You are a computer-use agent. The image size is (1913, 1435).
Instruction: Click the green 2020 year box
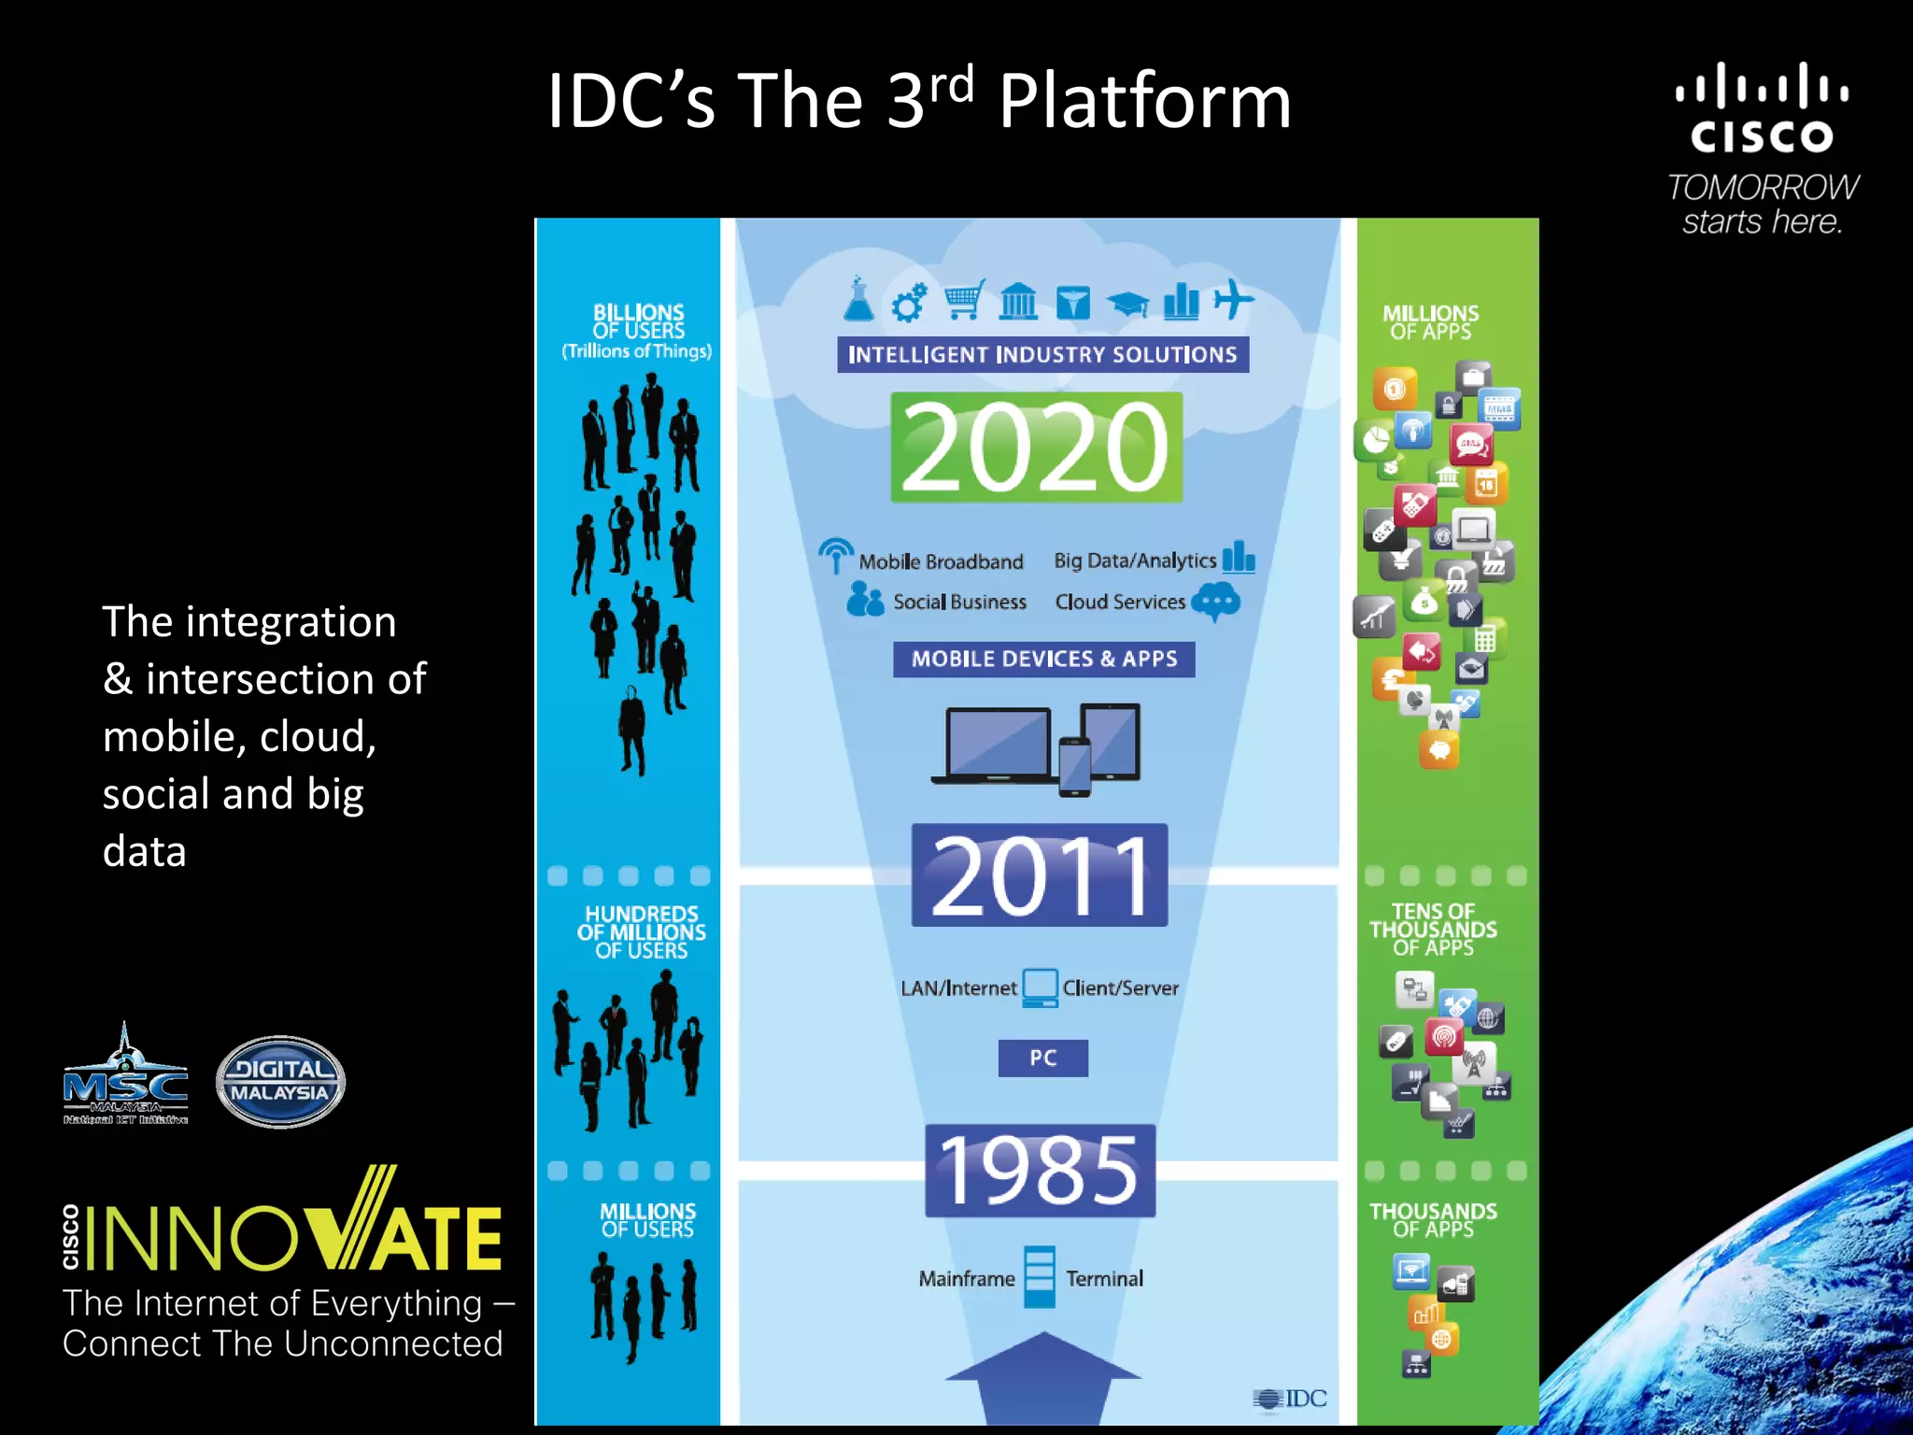pos(1036,448)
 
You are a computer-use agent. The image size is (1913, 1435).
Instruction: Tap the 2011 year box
pos(1040,875)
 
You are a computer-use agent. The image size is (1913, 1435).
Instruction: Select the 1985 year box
pos(1040,1171)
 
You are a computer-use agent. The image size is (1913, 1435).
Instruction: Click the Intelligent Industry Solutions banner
pos(1042,355)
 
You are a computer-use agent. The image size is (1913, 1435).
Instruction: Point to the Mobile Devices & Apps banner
pos(1043,660)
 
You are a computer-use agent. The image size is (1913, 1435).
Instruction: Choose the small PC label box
pos(1042,1058)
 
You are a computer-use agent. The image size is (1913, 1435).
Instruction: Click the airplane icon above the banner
pos(1233,300)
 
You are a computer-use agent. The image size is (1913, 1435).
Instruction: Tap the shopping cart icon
pos(963,301)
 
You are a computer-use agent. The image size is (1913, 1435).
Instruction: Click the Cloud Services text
pos(1119,603)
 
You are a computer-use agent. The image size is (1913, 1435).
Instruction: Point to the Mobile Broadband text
pos(941,562)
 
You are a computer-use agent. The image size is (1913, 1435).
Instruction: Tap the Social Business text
pos(959,603)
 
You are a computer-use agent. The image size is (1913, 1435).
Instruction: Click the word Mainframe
pos(966,1279)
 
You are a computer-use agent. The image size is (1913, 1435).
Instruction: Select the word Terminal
pos(1104,1279)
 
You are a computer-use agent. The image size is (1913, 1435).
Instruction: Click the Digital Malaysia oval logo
pos(280,1082)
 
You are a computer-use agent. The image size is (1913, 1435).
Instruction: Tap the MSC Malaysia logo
pos(125,1079)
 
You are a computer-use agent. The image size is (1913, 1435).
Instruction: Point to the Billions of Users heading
pos(638,322)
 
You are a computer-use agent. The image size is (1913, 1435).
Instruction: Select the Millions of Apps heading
pos(1430,322)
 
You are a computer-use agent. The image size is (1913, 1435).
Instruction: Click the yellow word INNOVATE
pos(294,1235)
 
